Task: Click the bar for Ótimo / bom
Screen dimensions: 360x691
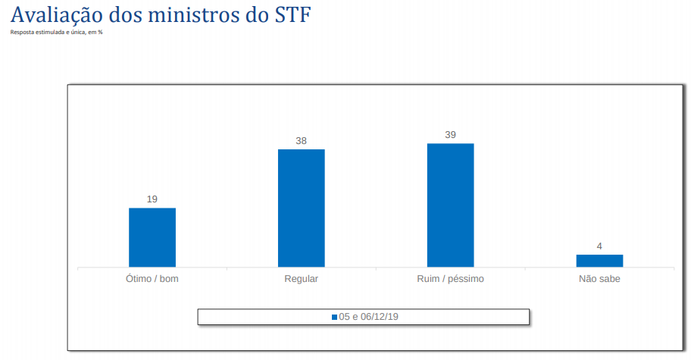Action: [152, 237]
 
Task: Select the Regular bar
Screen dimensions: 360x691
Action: [301, 208]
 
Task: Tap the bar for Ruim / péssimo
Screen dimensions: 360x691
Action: [450, 205]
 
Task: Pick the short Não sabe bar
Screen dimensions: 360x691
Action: [599, 261]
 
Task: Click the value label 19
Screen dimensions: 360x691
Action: [152, 199]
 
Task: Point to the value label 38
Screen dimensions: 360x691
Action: [301, 141]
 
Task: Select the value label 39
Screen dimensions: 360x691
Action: [450, 135]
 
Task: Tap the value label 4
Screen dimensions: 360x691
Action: [599, 246]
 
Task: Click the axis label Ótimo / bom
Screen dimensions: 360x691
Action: [152, 279]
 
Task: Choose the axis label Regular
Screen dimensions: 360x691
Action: [301, 279]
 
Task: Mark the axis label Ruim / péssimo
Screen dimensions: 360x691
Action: [450, 279]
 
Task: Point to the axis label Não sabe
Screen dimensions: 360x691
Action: [599, 279]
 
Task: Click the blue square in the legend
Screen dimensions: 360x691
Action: [334, 317]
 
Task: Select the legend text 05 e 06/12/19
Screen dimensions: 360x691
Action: [368, 317]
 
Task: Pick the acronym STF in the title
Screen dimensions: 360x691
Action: [292, 15]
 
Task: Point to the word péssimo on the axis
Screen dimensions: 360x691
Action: [466, 279]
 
